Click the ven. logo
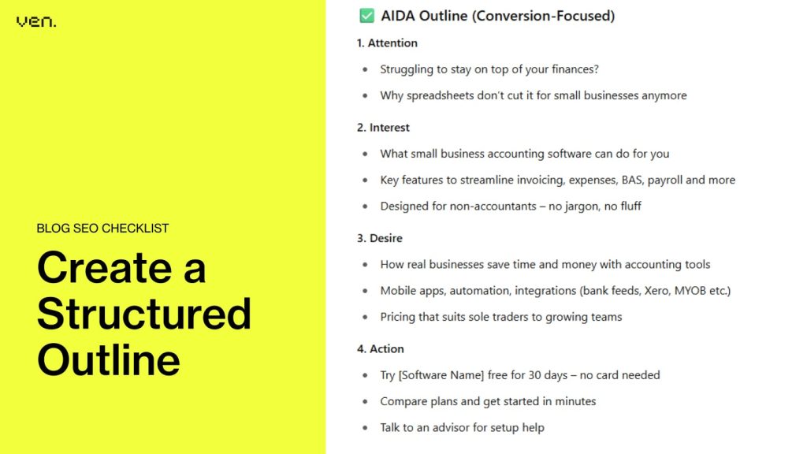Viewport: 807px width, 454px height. coord(36,21)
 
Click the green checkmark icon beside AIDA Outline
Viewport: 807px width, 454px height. coord(366,15)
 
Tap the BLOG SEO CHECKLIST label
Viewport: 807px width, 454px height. coord(102,229)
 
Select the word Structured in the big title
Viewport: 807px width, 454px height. coord(144,313)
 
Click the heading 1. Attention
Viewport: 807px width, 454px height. coord(387,43)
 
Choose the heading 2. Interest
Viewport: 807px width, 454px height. coord(383,127)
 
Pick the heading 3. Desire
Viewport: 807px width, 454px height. coord(380,238)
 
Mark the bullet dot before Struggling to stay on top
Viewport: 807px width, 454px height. coord(365,69)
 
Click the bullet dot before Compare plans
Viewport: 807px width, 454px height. coord(365,402)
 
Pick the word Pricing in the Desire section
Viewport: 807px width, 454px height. coord(400,317)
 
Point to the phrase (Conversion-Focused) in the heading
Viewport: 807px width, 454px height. coord(543,15)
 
